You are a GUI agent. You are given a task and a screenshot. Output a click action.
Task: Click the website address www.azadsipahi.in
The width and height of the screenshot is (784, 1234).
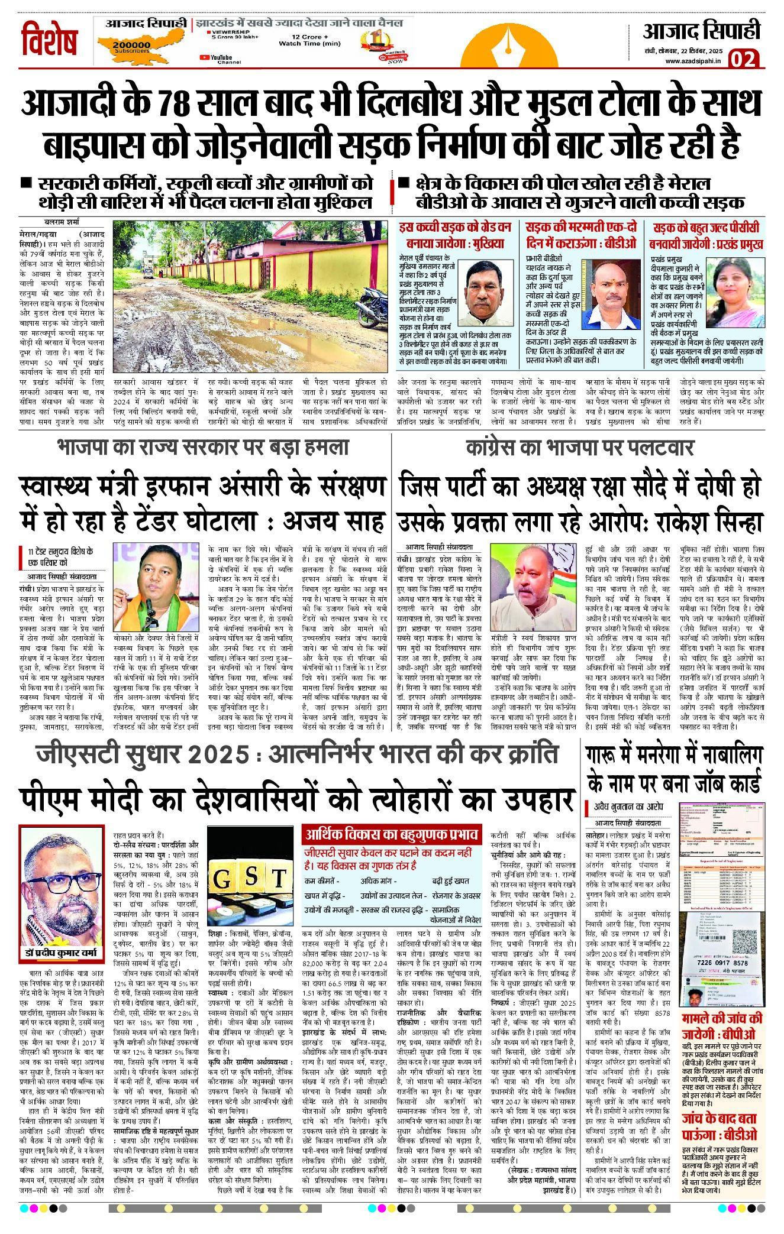click(x=692, y=61)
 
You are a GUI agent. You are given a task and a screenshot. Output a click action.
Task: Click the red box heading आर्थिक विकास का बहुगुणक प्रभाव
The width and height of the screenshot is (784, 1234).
click(x=393, y=835)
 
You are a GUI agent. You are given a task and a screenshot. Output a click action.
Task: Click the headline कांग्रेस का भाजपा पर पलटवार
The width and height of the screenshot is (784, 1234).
click(x=580, y=448)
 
